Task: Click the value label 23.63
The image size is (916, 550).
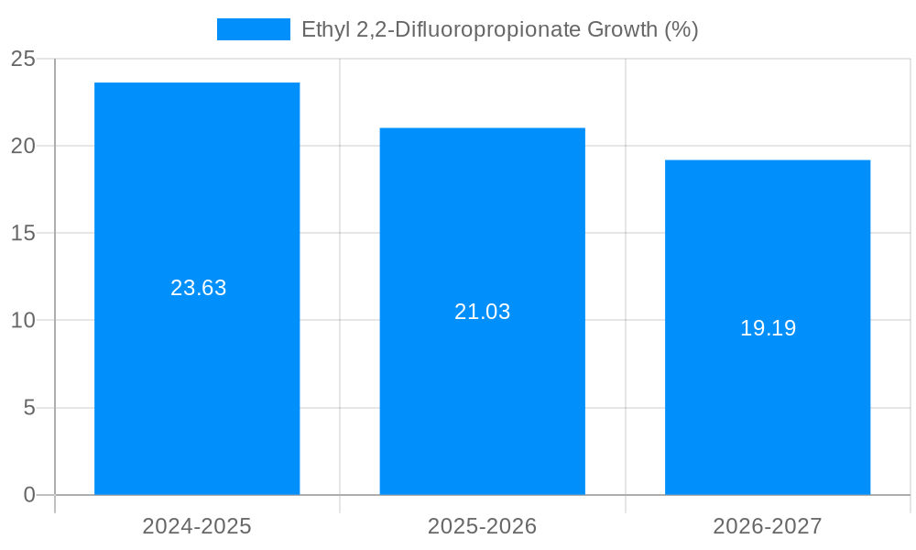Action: (198, 288)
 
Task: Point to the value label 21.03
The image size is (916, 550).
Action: (483, 312)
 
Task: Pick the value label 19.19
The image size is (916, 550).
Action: (768, 328)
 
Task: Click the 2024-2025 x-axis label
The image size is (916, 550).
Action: (197, 526)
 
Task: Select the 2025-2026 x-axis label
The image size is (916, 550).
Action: (483, 526)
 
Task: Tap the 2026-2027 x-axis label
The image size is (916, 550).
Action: (768, 526)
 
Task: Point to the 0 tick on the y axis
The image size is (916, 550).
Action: (28, 495)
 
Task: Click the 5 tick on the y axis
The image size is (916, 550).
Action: (28, 408)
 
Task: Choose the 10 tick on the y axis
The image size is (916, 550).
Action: (23, 320)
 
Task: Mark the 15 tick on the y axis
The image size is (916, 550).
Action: (23, 233)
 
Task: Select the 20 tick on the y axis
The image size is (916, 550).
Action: (23, 146)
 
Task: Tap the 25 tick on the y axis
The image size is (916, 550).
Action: (23, 59)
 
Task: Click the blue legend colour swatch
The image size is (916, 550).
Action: (253, 29)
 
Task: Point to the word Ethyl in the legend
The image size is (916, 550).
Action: (324, 29)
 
